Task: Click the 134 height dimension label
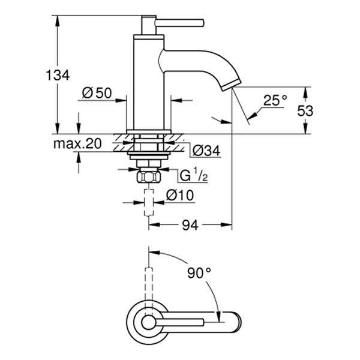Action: (x=58, y=75)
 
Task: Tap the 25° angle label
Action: (x=275, y=100)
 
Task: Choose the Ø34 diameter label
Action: (x=205, y=149)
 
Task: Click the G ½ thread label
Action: (x=193, y=175)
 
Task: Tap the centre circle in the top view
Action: (x=146, y=322)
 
